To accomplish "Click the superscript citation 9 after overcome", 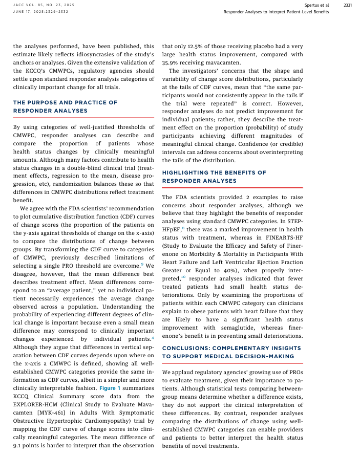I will point(142,264).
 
